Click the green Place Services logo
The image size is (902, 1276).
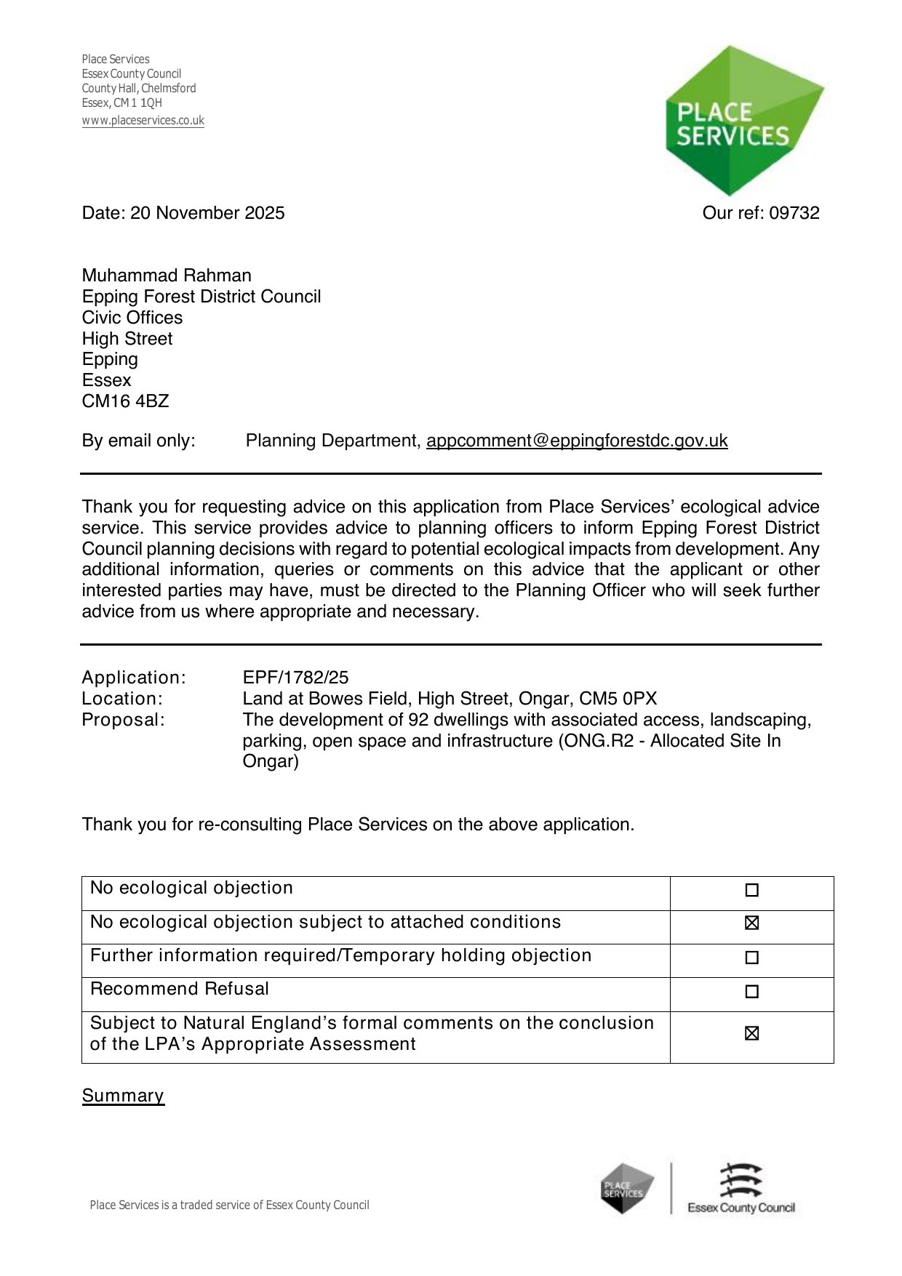tap(742, 121)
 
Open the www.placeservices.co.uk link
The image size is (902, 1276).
tap(143, 121)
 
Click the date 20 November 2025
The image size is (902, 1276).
tap(207, 213)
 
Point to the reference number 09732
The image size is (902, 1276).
tap(794, 213)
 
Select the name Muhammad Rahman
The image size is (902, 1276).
tap(167, 276)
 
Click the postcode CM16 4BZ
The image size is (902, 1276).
tap(125, 401)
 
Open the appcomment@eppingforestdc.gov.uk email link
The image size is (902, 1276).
tap(577, 441)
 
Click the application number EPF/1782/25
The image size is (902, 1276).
tap(295, 678)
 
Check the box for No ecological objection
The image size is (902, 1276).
tap(752, 890)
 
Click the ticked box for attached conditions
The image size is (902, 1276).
tap(752, 923)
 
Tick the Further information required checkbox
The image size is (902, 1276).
tap(752, 958)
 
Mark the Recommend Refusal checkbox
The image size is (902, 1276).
tap(752, 992)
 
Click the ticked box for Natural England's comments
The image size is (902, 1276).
tap(752, 1033)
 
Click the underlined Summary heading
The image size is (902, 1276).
tap(123, 1096)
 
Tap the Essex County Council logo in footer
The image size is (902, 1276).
tap(741, 1189)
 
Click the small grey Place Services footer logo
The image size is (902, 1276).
tap(626, 1189)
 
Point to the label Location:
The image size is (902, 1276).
tap(122, 699)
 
